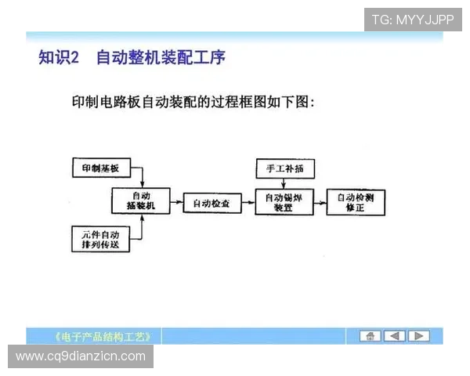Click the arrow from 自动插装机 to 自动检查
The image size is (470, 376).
(176, 203)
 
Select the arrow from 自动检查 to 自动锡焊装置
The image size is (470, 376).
(246, 203)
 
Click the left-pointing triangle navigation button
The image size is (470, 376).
(394, 336)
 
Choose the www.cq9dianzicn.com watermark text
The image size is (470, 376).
(81, 356)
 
